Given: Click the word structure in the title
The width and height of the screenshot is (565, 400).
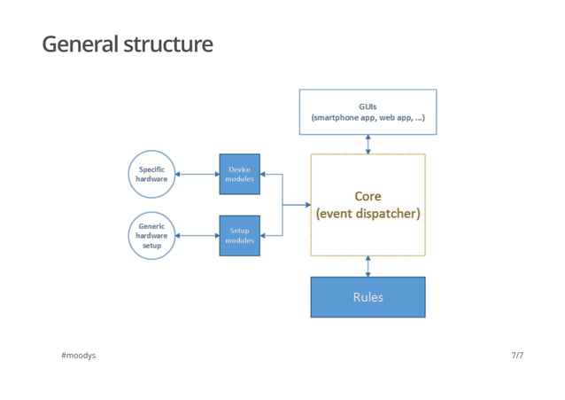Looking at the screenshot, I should [167, 43].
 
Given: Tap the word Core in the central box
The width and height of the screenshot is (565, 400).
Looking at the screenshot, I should [368, 196].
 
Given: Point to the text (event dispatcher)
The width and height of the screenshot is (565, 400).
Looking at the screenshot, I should [368, 215].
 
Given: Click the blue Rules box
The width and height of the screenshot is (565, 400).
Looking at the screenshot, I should [368, 297].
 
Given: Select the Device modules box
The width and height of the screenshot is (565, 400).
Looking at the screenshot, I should [239, 174].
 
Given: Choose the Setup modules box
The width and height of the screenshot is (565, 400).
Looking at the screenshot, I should [239, 236].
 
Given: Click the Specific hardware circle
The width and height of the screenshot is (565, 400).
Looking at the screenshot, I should [151, 174].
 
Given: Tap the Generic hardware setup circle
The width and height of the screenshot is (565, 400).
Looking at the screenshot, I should [151, 236].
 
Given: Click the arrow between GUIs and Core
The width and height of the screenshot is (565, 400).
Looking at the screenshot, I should [368, 144].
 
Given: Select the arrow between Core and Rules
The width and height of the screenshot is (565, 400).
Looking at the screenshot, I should [368, 266].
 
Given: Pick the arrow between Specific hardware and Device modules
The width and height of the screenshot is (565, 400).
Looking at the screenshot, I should [197, 175].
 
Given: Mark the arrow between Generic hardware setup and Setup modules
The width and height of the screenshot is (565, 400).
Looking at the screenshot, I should [197, 236].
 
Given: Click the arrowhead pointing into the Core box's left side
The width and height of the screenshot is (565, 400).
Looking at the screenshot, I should [306, 205].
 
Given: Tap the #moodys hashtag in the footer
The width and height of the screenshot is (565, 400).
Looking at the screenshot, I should [78, 356].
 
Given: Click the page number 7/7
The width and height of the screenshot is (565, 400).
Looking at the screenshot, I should [517, 356].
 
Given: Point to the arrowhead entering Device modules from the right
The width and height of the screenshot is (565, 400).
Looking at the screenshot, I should [264, 175].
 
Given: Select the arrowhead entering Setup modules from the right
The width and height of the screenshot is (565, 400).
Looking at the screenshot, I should [264, 236].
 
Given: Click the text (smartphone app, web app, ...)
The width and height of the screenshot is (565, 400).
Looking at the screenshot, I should [368, 117].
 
